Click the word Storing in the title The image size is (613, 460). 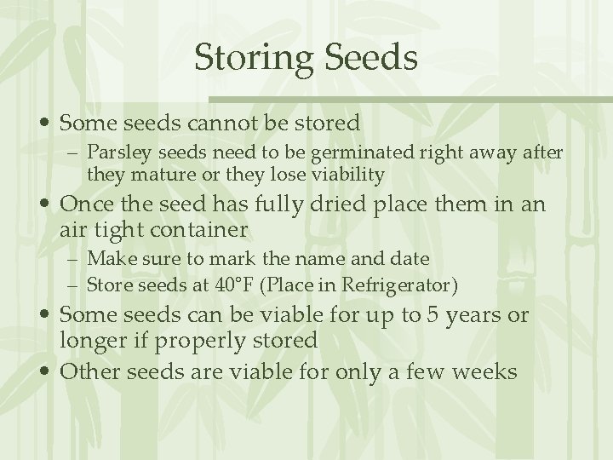click(248, 59)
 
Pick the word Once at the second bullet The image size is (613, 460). click(83, 206)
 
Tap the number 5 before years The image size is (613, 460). click(434, 316)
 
